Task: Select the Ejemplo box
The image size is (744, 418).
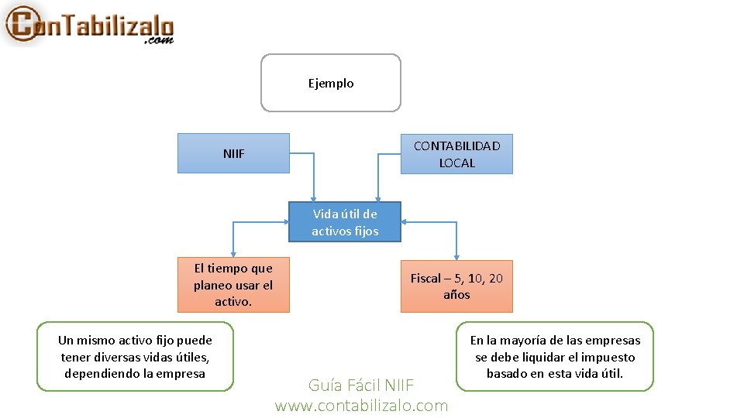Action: [x=331, y=83]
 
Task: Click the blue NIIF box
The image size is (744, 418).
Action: [x=233, y=153]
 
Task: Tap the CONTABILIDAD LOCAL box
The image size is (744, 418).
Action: [x=456, y=154]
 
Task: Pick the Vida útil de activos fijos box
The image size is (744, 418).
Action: [x=345, y=222]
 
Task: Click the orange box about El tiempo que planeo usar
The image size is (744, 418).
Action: [x=233, y=285]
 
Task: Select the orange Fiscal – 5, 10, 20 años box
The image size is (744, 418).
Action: [x=456, y=286]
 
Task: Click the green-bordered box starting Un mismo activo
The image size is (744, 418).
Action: [x=135, y=357]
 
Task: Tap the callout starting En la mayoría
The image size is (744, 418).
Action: [x=555, y=357]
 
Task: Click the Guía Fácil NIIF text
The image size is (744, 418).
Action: [x=361, y=385]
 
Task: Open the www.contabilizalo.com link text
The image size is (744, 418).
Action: [x=361, y=406]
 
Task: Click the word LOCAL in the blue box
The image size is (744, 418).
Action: [x=456, y=163]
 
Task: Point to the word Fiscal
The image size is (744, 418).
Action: [x=425, y=278]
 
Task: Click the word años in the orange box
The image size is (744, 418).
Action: [x=456, y=295]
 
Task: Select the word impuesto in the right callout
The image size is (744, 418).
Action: [x=608, y=358]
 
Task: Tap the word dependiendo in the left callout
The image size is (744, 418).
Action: [x=98, y=374]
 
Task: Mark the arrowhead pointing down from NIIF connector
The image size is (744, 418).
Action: [x=315, y=197]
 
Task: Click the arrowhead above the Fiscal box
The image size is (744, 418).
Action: [x=456, y=256]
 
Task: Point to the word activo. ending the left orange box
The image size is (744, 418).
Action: [x=233, y=302]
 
